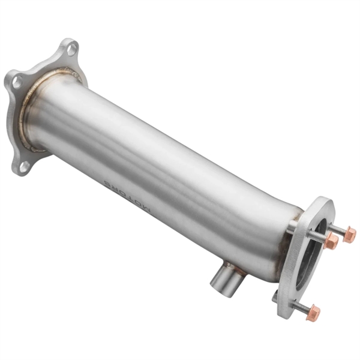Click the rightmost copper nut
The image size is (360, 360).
[x=349, y=235]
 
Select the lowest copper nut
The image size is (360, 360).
[x=313, y=313]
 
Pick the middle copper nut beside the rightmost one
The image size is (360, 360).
[x=331, y=241]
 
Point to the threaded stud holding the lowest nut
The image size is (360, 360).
[x=299, y=306]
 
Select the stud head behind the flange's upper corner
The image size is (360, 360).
[x=292, y=226]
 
